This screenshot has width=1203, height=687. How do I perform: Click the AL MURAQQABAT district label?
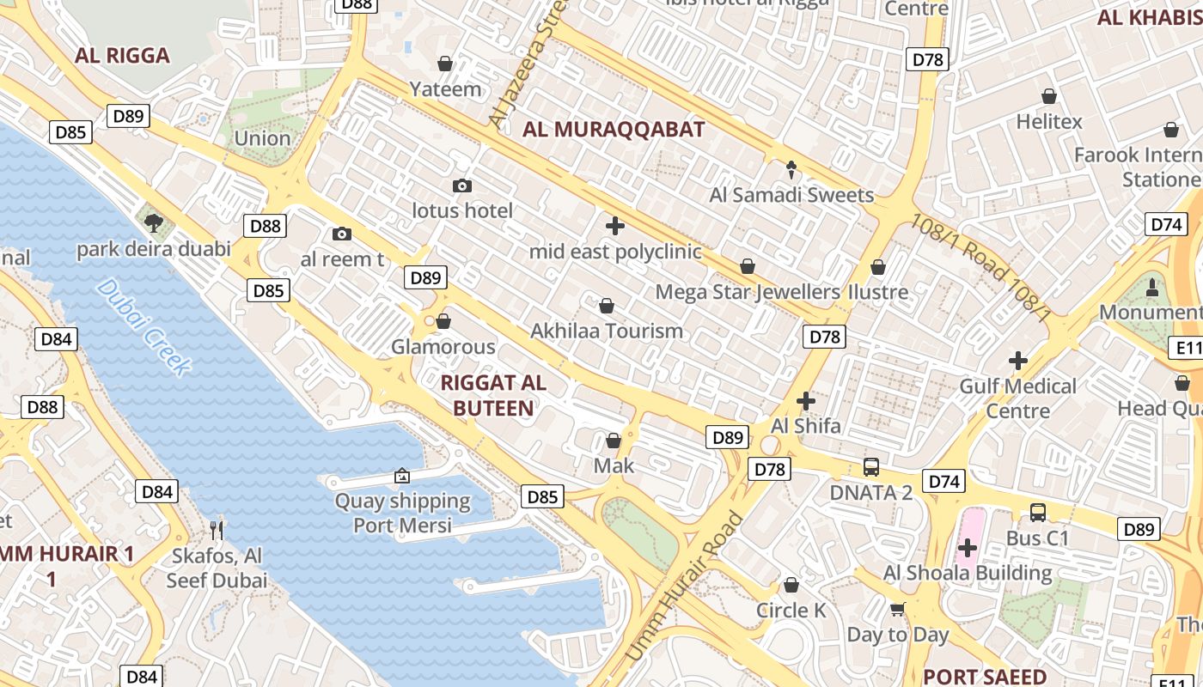click(614, 130)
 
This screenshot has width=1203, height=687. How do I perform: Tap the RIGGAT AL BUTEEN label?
click(493, 395)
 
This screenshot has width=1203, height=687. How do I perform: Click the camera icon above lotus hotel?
click(462, 186)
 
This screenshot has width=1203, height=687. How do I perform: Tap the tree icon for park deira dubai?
click(154, 224)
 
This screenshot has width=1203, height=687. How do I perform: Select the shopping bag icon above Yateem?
click(445, 64)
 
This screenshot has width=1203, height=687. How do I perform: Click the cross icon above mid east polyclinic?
click(615, 227)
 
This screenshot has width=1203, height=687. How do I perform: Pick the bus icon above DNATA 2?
click(871, 467)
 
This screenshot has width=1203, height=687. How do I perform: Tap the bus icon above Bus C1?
click(1038, 513)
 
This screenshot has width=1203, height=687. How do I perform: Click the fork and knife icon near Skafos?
click(217, 530)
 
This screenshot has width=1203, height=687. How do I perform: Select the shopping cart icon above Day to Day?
click(898, 610)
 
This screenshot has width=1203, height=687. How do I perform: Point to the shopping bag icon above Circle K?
click(791, 585)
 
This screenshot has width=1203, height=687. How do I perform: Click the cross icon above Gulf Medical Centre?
click(1018, 361)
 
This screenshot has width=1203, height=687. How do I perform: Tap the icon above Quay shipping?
click(402, 476)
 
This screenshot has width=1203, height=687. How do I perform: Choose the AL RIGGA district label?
click(122, 56)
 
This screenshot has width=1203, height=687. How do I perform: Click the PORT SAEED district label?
click(985, 676)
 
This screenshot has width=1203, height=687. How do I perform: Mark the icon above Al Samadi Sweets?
click(791, 169)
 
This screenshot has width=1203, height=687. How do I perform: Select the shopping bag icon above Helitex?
click(1049, 96)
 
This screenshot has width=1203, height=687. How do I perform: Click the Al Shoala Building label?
click(968, 573)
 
